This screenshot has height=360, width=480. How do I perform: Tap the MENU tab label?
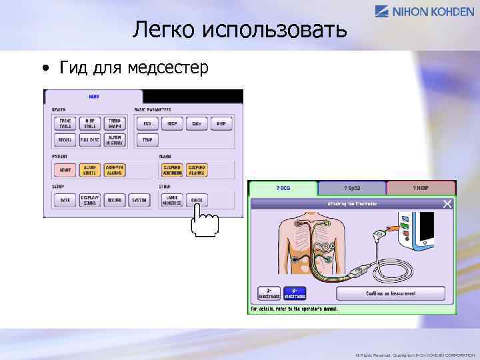coord(95,97)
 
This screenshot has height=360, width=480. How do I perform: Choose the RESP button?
coord(172,123)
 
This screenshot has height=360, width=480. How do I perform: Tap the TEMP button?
coord(147,140)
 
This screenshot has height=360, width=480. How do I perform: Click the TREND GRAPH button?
coord(114,123)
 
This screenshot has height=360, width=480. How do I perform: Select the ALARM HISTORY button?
coord(114,140)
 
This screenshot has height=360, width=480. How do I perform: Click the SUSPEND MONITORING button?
coord(172,170)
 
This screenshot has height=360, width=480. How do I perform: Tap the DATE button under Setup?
coord(65,200)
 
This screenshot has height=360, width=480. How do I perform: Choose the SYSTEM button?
coord(139,200)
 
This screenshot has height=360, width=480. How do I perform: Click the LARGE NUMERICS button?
coord(172,200)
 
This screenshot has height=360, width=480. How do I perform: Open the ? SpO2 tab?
coord(351,189)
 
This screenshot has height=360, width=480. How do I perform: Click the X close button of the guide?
coord(448,203)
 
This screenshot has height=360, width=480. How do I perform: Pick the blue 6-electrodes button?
coord(294,293)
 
